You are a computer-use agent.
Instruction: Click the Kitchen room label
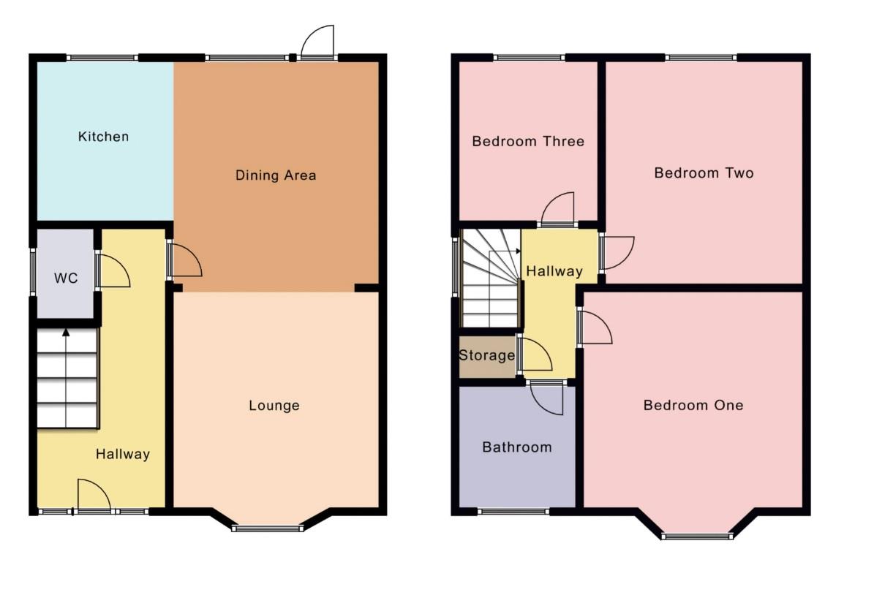tap(103, 137)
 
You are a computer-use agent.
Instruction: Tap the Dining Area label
tap(276, 175)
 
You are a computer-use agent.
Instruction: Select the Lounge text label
tap(274, 406)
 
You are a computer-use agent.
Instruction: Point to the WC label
tap(65, 278)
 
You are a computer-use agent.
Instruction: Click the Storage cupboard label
tap(487, 356)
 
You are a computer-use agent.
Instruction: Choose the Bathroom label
tap(517, 447)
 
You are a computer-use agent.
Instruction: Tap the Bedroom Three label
tap(528, 141)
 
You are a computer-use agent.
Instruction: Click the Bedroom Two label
tap(704, 173)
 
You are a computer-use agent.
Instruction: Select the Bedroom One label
tap(693, 405)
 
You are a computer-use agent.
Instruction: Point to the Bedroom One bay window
tap(697, 537)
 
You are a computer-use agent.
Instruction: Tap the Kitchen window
tap(102, 58)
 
